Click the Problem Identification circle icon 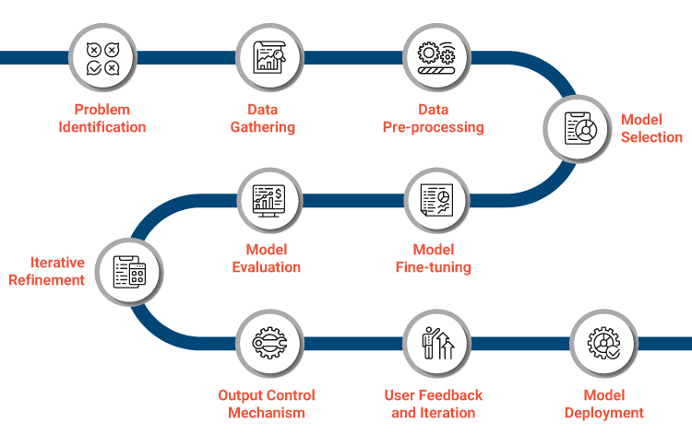pyautogui.click(x=101, y=57)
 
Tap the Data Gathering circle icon pyautogui.click(x=267, y=57)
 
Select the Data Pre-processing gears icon pyautogui.click(x=434, y=57)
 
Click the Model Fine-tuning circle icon pyautogui.click(x=434, y=197)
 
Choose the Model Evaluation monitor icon pyautogui.click(x=267, y=197)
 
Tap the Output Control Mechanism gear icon pyautogui.click(x=267, y=342)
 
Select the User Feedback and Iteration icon pyautogui.click(x=434, y=342)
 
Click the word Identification pyautogui.click(x=102, y=127)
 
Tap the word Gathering pyautogui.click(x=263, y=127)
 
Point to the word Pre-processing pyautogui.click(x=434, y=127)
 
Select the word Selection pyautogui.click(x=651, y=137)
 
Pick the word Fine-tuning pyautogui.click(x=434, y=267)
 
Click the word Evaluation pyautogui.click(x=267, y=267)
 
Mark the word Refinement pyautogui.click(x=47, y=280)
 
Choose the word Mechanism pyautogui.click(x=267, y=413)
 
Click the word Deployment pyautogui.click(x=604, y=413)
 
